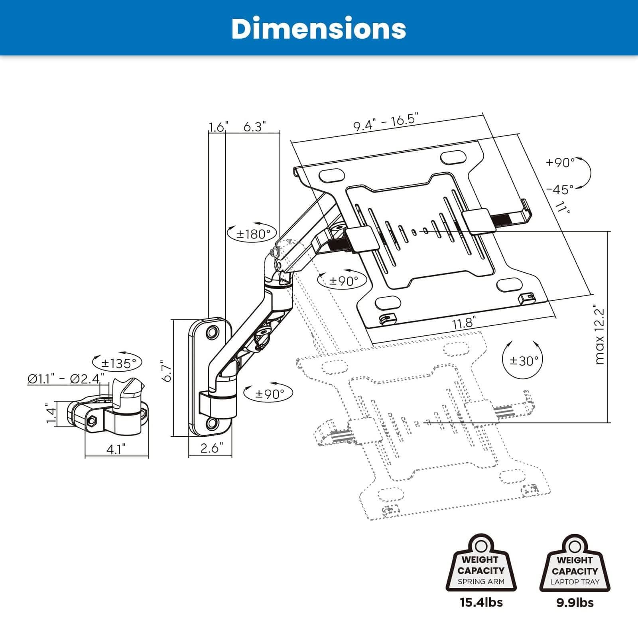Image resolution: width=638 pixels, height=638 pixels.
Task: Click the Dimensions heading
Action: point(319,29)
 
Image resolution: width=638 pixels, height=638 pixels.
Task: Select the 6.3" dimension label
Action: point(254,127)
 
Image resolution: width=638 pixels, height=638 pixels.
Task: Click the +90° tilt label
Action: point(560,162)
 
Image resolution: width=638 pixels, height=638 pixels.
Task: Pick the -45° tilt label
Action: point(560,189)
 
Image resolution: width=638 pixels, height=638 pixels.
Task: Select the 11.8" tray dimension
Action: point(464,323)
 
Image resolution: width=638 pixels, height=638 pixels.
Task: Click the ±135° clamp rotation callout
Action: point(116,363)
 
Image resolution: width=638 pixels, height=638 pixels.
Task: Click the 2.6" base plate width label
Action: point(210,448)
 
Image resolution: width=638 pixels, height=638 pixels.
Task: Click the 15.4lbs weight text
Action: point(481,602)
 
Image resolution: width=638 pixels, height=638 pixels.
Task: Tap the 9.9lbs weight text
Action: point(575,602)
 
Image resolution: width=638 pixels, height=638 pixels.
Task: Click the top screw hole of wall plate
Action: point(212,332)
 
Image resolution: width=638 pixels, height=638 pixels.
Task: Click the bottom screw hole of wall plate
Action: point(212,423)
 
